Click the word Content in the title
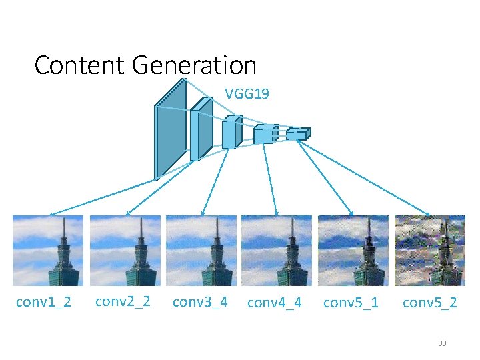(x=80, y=65)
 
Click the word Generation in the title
(x=194, y=65)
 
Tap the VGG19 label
(x=247, y=94)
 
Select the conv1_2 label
(x=43, y=303)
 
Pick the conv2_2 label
(x=123, y=301)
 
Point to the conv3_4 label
(x=200, y=302)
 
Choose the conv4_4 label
(x=275, y=303)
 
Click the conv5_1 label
(x=351, y=303)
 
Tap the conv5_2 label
(x=429, y=303)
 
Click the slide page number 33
(x=441, y=343)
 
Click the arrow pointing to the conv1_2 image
(x=100, y=197)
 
